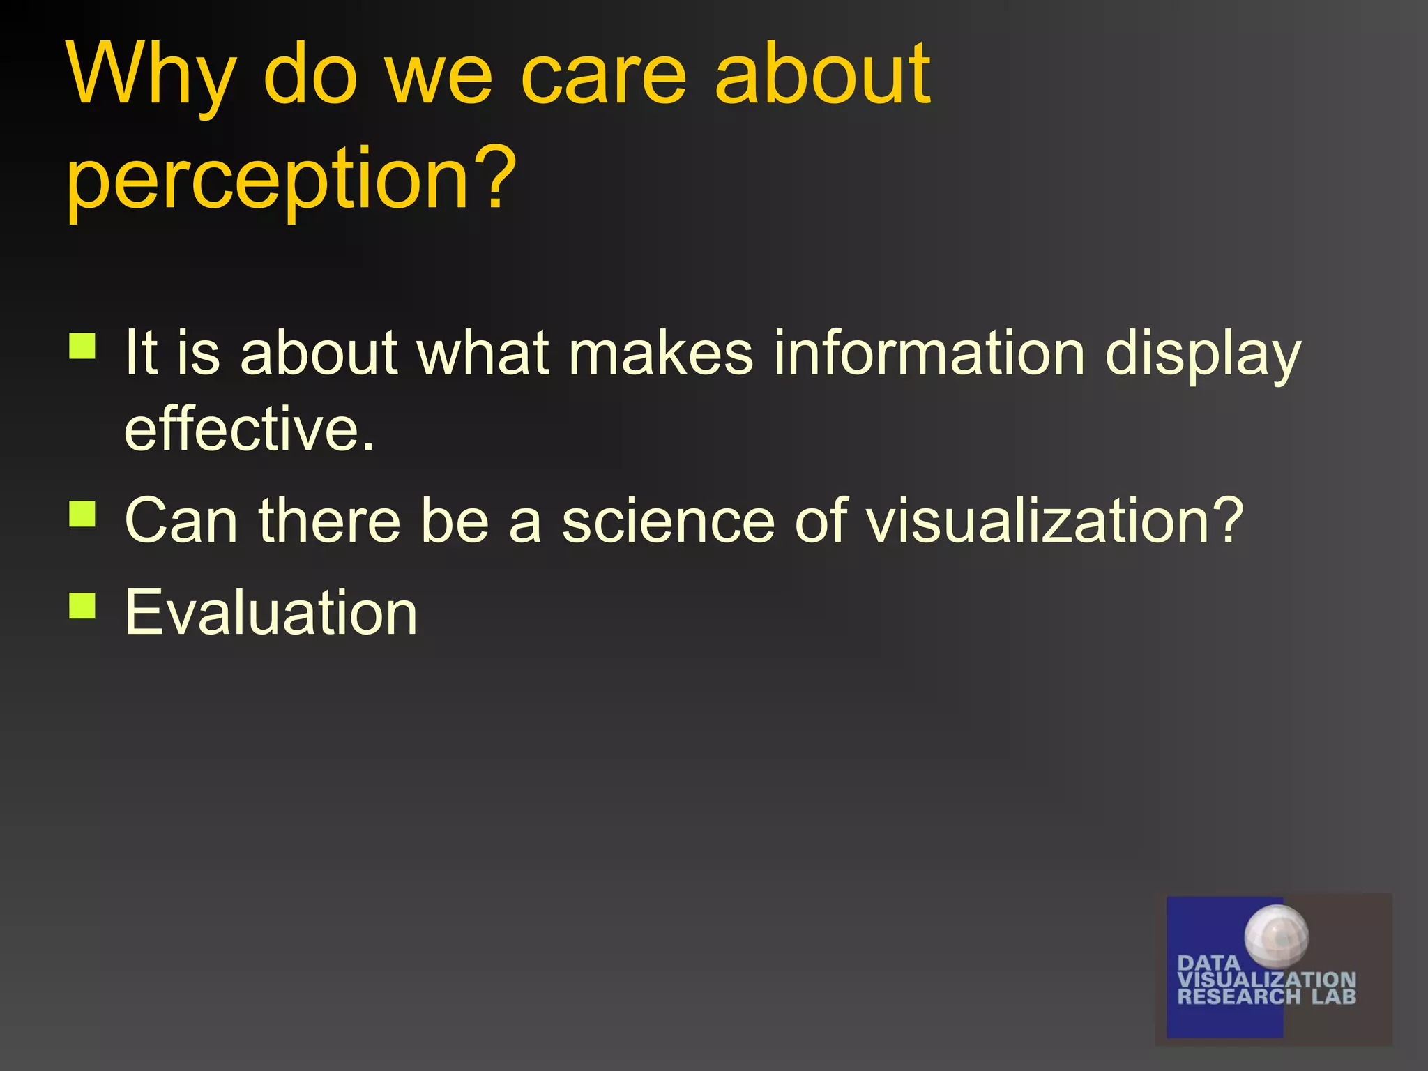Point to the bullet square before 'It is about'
click(82, 346)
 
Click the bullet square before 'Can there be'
click(82, 514)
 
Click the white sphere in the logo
click(1276, 936)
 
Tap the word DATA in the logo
click(1208, 963)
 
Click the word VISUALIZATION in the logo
click(1266, 980)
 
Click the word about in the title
click(823, 75)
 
